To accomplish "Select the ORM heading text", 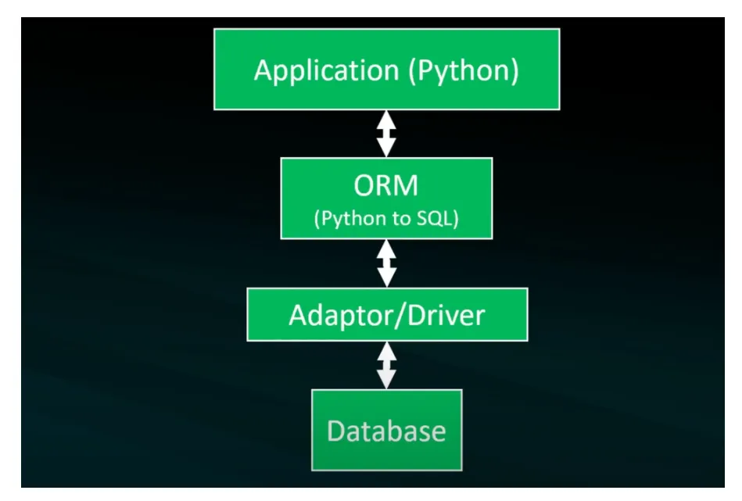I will click(386, 186).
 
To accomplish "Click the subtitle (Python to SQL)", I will click(386, 219).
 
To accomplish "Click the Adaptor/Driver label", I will click(386, 314).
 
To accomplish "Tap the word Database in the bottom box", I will click(386, 431).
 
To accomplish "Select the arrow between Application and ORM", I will click(386, 134).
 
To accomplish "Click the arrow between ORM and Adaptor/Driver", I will click(386, 263).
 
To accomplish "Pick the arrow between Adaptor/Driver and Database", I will click(386, 365).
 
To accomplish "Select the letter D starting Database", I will click(336, 431).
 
